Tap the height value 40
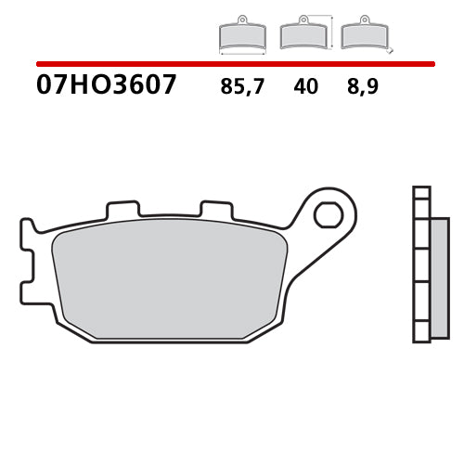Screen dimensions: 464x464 305,87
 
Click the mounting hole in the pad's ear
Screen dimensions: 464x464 328,215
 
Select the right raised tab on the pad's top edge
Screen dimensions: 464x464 215,211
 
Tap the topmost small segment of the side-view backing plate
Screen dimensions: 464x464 421,195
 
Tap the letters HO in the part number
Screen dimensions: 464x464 81,86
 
